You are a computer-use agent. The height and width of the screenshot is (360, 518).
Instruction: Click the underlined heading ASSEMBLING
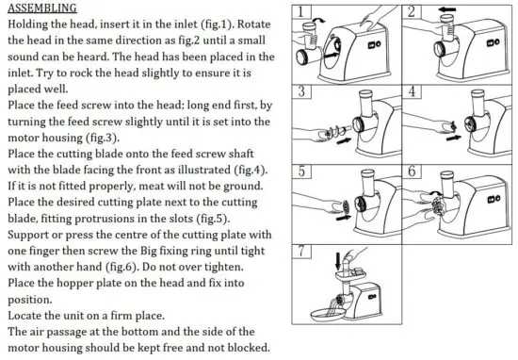tap(41, 8)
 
